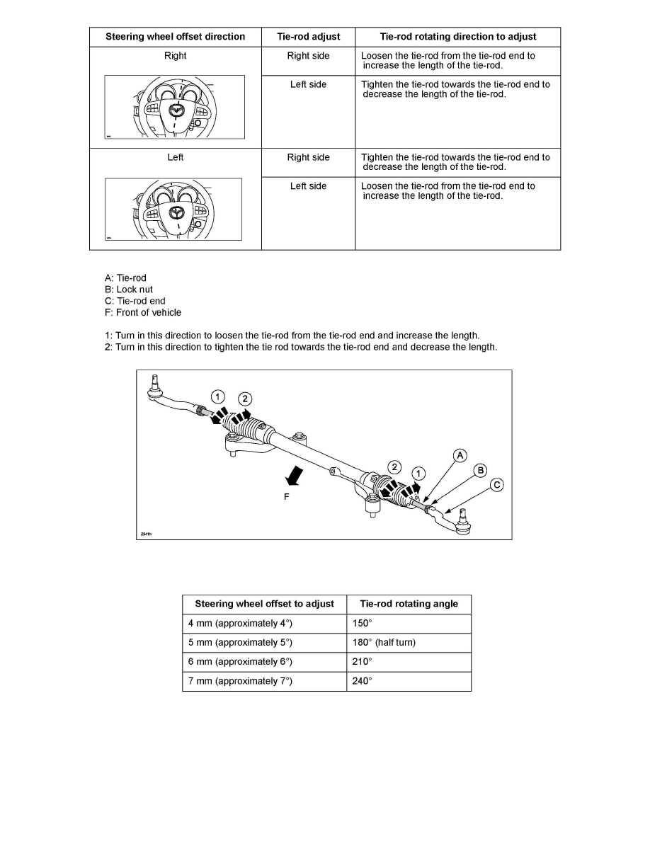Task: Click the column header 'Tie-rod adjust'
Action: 308,37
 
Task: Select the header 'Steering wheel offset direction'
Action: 175,37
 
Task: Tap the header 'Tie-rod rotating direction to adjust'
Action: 458,37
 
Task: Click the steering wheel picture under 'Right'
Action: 175,108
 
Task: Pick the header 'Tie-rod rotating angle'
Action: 409,604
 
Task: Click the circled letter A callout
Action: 460,455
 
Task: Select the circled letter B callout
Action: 480,470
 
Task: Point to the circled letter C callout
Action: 497,485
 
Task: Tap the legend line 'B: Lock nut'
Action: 128,290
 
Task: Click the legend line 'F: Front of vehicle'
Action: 142,312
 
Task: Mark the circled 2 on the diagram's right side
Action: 395,467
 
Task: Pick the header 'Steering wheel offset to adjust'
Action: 264,604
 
